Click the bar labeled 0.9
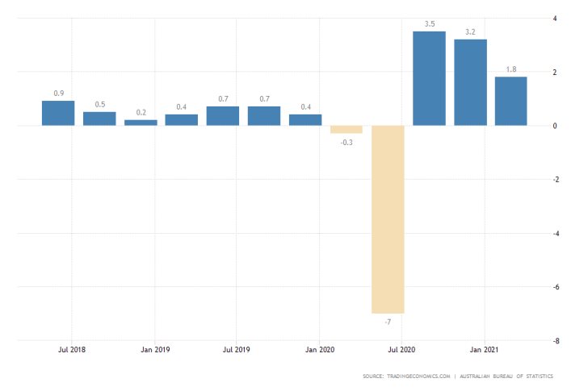(x=58, y=113)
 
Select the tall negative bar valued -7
(x=388, y=218)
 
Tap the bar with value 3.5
(x=429, y=78)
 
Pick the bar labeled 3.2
(x=470, y=82)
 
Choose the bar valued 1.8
(x=511, y=101)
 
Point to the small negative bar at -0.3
(x=346, y=129)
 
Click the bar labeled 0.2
(x=141, y=123)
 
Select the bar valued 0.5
(x=99, y=119)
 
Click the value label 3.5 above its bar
(x=429, y=24)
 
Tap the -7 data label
(x=388, y=322)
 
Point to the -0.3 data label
(x=346, y=142)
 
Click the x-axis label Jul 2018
(x=72, y=351)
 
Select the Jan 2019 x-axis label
(x=154, y=351)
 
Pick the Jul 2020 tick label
(x=401, y=351)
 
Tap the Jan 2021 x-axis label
(x=484, y=351)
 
